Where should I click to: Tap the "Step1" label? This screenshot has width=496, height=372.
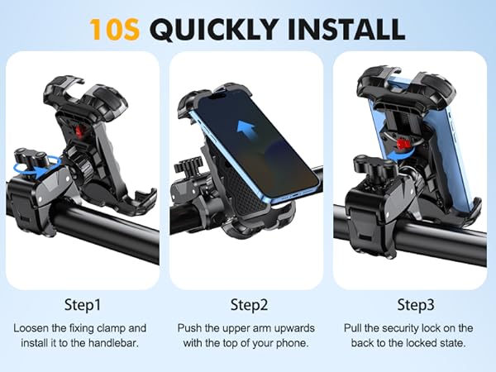click(x=83, y=304)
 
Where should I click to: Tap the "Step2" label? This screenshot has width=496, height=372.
click(x=248, y=304)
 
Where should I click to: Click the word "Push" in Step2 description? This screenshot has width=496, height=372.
click(x=190, y=328)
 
